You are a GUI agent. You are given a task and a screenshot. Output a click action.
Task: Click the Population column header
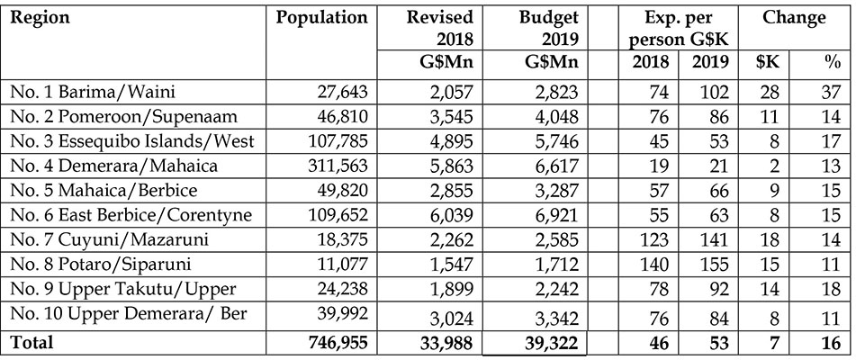pyautogui.click(x=321, y=18)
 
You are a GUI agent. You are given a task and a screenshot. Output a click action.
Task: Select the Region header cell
pyautogui.click(x=41, y=19)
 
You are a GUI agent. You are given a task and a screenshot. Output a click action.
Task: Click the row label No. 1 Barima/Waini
pyautogui.click(x=93, y=91)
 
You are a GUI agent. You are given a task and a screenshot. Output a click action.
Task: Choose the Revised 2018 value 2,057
pyautogui.click(x=450, y=91)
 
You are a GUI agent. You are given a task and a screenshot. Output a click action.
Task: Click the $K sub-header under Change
pyautogui.click(x=769, y=61)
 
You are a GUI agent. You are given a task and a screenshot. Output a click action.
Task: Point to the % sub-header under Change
pyautogui.click(x=833, y=62)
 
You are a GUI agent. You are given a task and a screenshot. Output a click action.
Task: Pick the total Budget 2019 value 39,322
pyautogui.click(x=550, y=342)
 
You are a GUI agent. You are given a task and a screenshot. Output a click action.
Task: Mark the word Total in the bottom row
pyautogui.click(x=32, y=342)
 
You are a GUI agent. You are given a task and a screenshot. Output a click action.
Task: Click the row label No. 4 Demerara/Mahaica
pyautogui.click(x=114, y=165)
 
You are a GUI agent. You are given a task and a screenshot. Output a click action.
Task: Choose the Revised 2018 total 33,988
pyautogui.click(x=446, y=342)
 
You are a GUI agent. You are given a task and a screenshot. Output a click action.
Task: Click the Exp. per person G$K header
pyautogui.click(x=678, y=30)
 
